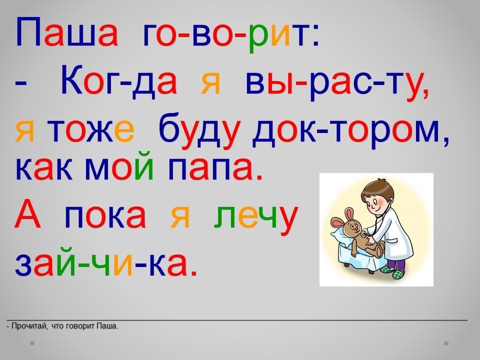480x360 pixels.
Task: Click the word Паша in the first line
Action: [66, 32]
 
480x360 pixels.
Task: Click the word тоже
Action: [91, 130]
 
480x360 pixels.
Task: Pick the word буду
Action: [199, 130]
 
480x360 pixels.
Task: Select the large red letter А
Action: [27, 213]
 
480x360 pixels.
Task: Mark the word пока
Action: [105, 216]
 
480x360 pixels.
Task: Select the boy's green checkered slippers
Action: [393, 272]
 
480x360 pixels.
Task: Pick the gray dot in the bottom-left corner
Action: [32, 343]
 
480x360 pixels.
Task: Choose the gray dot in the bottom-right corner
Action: [446, 343]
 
